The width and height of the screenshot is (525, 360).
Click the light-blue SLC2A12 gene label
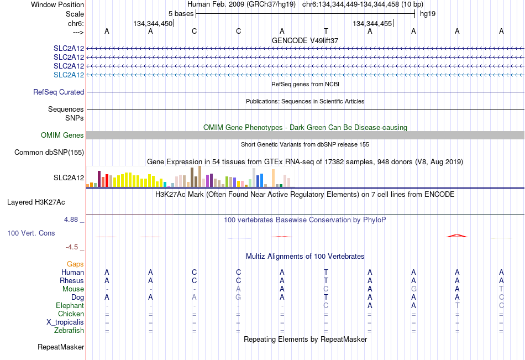point(69,75)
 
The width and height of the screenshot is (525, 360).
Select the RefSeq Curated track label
point(59,92)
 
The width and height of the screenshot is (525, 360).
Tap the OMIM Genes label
point(62,135)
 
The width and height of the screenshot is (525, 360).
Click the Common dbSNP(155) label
point(49,152)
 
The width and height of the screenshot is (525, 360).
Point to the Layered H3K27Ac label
point(36,202)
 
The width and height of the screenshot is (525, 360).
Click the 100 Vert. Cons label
point(31,233)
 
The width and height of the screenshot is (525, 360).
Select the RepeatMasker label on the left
point(61,347)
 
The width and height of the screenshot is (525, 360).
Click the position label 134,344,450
point(153,23)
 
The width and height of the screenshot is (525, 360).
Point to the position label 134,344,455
point(372,23)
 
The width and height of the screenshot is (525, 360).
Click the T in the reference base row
point(326,31)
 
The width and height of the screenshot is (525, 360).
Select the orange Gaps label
point(75,264)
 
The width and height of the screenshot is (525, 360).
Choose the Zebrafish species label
point(69,330)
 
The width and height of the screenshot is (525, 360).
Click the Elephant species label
point(70,305)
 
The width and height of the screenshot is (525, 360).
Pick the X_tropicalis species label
point(65,322)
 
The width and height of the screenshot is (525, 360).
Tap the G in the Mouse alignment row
point(414,289)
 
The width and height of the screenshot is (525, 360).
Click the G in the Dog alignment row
point(238,298)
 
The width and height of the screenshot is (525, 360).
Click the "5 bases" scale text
point(181,14)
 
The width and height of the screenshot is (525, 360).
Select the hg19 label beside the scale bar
point(428,14)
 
